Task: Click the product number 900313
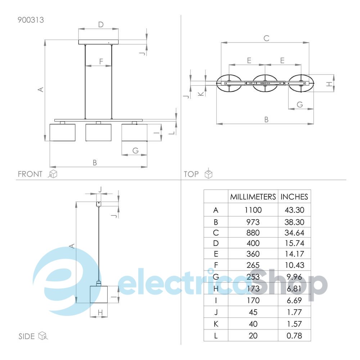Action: point(31,20)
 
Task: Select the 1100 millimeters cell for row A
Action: point(253,210)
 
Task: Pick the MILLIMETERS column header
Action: point(253,197)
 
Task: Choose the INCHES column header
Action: point(294,197)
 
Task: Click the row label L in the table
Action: point(216,336)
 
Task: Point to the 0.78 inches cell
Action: point(294,336)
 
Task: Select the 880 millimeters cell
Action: point(253,233)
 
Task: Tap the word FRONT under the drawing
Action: point(30,174)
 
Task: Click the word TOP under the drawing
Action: point(191,174)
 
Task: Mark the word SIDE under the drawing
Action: point(27,336)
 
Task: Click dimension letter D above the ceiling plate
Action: point(101,24)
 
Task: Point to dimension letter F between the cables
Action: point(101,61)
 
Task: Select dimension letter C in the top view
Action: point(266,38)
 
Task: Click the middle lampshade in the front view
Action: point(98,132)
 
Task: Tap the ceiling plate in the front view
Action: point(98,42)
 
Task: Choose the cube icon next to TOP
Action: point(208,174)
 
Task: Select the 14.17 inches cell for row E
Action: point(294,254)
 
